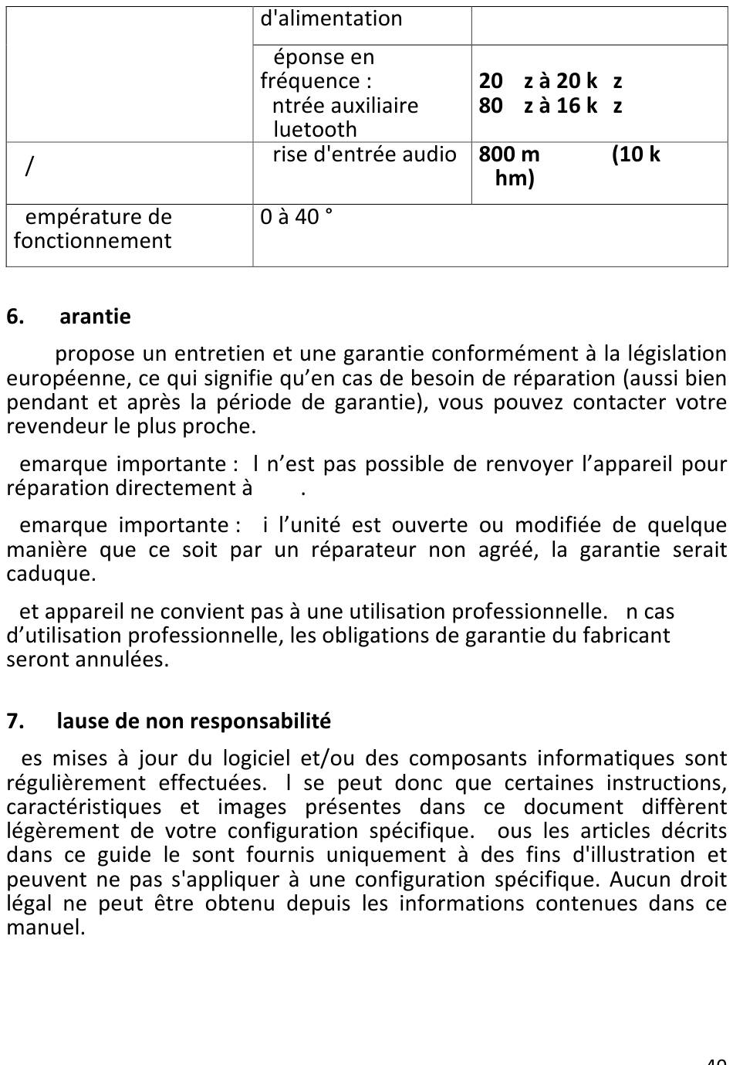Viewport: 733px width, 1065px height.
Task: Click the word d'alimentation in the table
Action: [331, 19]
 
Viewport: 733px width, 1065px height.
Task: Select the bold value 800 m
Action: [509, 154]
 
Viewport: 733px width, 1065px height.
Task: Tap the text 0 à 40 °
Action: [296, 217]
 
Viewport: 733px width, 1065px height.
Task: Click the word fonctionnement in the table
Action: [93, 241]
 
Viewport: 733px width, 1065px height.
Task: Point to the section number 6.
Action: [15, 317]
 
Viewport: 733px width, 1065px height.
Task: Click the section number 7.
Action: [15, 721]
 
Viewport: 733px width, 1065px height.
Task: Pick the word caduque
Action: [51, 574]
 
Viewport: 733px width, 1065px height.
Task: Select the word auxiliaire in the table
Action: [373, 106]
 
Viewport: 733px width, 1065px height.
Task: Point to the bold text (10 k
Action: [636, 154]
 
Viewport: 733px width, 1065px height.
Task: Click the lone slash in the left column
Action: [29, 165]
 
